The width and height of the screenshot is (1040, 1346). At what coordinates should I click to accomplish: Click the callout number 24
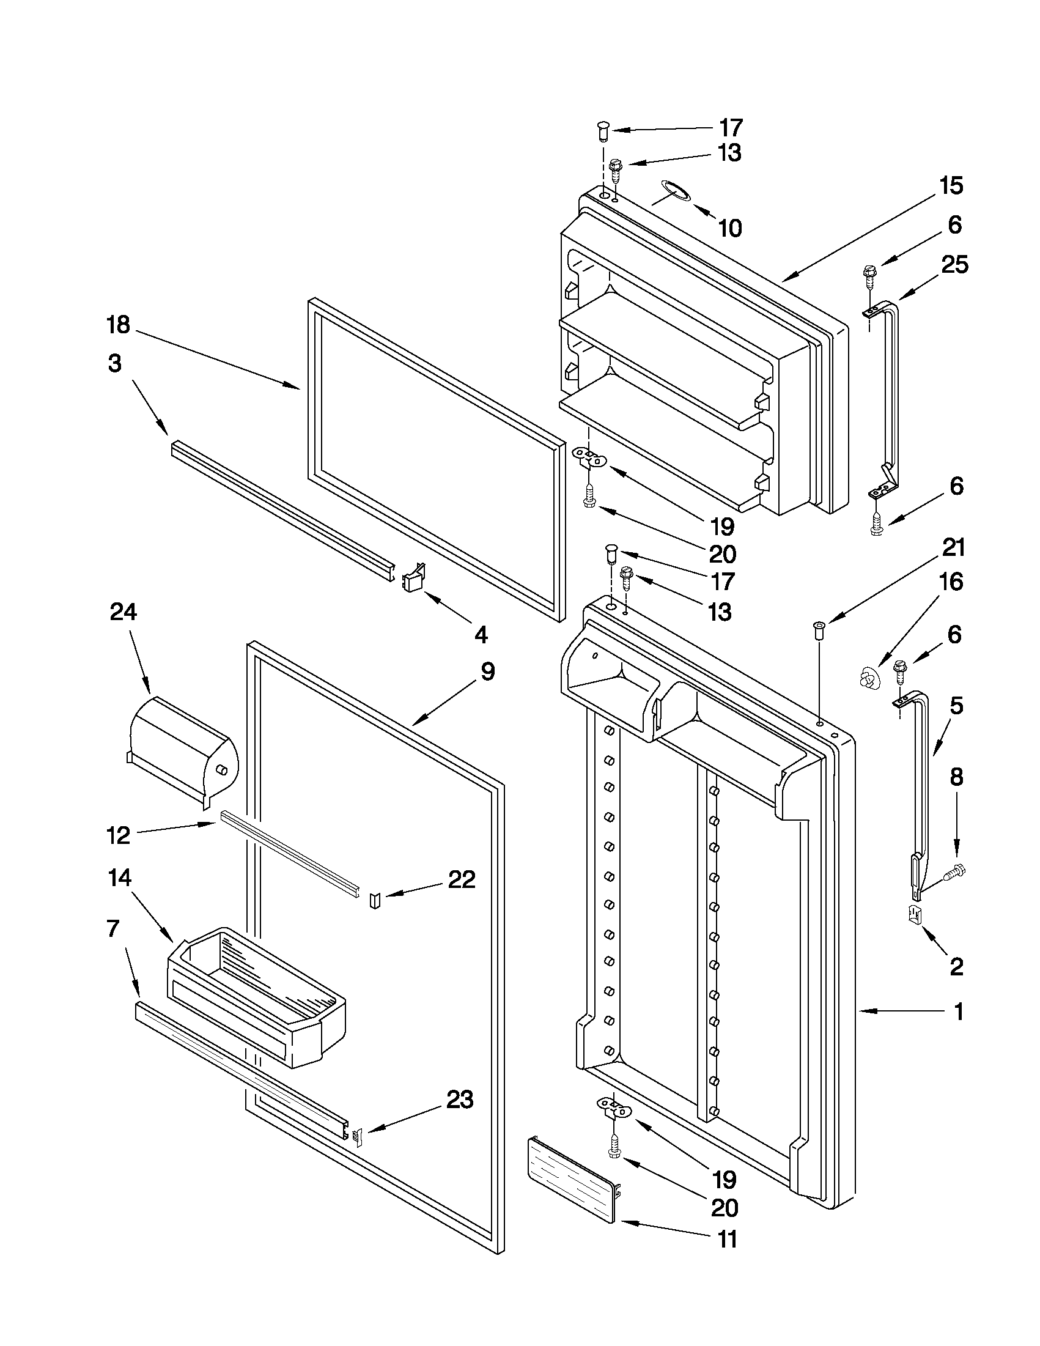point(124,612)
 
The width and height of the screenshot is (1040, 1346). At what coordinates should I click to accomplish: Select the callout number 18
point(118,325)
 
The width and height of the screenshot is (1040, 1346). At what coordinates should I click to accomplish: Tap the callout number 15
point(950,185)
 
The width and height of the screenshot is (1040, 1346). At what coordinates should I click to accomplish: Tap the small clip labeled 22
point(375,901)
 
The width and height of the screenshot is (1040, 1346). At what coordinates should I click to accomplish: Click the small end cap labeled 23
point(357,1134)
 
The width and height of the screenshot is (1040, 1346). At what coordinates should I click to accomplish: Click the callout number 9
point(487,671)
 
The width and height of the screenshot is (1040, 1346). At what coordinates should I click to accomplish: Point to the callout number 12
point(118,837)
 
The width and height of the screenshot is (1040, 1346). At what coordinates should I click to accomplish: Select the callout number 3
point(115,364)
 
